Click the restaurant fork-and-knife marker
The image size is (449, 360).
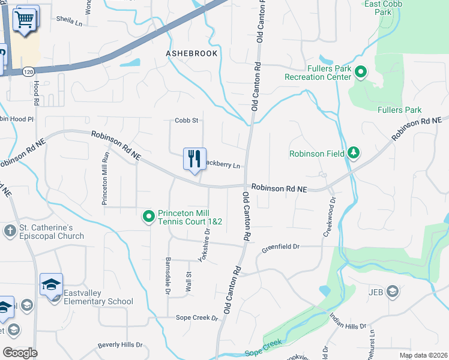(194, 160)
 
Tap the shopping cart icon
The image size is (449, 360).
(25, 19)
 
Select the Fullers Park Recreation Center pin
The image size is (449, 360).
(361, 73)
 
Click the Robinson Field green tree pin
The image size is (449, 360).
(354, 153)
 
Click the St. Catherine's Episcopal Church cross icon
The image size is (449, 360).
(10, 230)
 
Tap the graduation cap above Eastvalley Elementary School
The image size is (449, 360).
(52, 284)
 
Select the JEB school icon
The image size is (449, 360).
(393, 292)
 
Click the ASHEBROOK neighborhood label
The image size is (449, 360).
(191, 53)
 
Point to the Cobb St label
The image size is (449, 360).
(186, 121)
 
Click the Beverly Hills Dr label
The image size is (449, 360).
(120, 345)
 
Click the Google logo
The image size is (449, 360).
(20, 352)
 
